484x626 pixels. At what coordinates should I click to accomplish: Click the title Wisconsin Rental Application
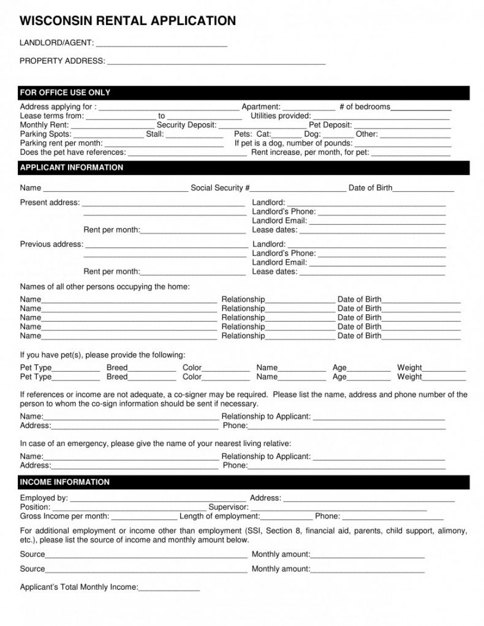point(127,21)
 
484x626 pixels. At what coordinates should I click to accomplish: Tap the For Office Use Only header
point(65,92)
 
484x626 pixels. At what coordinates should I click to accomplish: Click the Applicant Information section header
point(71,167)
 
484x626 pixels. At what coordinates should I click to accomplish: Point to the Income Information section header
point(64,482)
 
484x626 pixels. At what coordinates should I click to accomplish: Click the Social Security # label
point(220,188)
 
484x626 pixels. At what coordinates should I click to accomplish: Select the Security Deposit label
point(186,125)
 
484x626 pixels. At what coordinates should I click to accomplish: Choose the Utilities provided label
point(281,116)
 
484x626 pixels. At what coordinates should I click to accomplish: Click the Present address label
point(50,203)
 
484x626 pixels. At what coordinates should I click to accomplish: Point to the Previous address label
point(51,244)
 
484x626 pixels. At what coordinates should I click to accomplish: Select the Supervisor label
point(229,507)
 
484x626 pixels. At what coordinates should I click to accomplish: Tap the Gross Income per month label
point(64,516)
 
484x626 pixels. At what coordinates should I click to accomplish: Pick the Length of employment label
point(219,516)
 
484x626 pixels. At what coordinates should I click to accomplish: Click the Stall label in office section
point(155,134)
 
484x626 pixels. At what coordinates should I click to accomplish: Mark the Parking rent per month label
point(61,143)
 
